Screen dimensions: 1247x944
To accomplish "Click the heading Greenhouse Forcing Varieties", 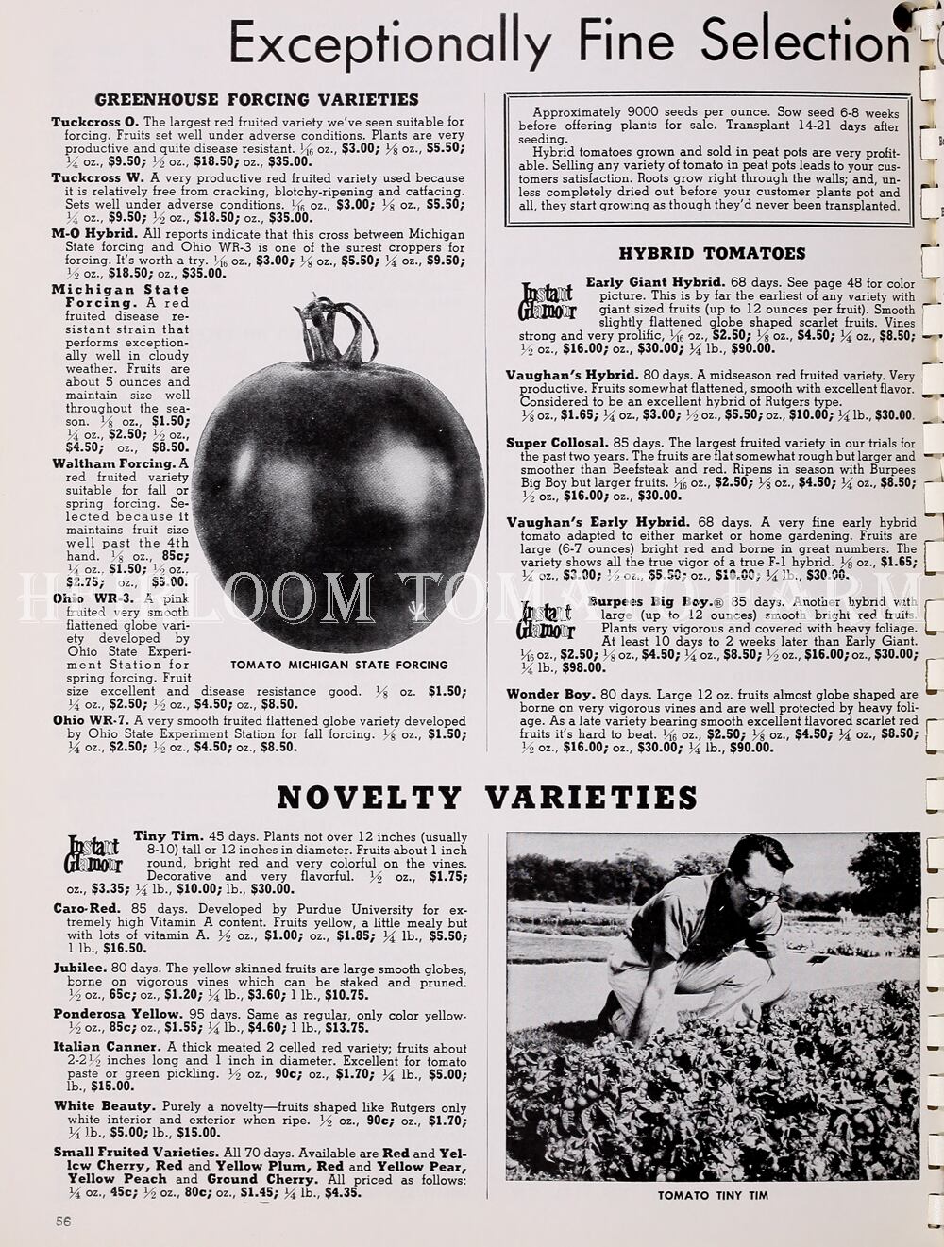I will pos(257,99).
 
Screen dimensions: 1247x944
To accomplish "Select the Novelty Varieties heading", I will pos(487,798).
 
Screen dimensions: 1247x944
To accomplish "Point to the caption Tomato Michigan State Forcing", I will pos(339,665).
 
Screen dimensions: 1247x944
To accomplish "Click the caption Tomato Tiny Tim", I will pos(713,1195).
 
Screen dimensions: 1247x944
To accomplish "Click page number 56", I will pos(63,1220).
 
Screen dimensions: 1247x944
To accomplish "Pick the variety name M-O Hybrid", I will pos(94,233).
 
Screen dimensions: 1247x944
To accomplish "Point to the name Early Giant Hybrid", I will pos(654,282).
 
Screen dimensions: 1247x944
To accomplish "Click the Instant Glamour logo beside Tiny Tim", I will pos(93,853).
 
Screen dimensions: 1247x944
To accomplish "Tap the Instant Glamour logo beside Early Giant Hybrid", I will pos(547,301).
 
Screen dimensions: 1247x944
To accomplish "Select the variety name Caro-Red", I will pos(85,909).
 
